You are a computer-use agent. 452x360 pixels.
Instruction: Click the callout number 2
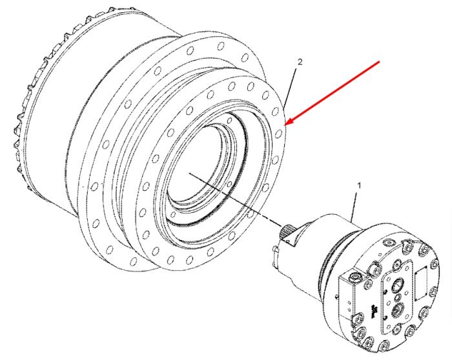(300, 62)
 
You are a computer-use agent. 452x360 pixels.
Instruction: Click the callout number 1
(359, 186)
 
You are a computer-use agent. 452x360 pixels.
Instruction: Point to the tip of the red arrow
(285, 125)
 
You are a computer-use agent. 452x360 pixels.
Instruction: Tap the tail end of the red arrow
(380, 61)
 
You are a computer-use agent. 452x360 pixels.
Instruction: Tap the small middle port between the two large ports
(397, 297)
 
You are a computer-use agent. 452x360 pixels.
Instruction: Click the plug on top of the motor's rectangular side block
(354, 277)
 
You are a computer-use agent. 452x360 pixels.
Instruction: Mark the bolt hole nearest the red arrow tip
(279, 134)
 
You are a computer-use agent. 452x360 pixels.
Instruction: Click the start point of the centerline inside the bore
(189, 173)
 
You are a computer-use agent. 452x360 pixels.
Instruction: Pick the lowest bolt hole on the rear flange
(133, 261)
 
